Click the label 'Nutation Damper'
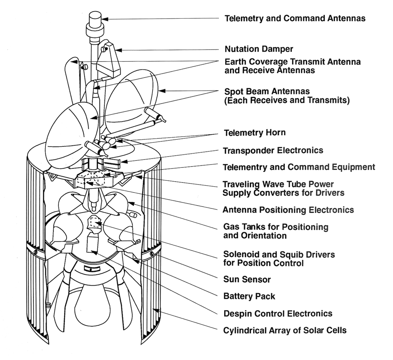point(259,49)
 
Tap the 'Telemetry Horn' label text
point(255,133)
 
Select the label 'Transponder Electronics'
point(273,150)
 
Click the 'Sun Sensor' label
point(247,279)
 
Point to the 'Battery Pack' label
point(249,296)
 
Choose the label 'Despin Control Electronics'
point(278,314)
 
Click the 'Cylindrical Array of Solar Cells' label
point(285,330)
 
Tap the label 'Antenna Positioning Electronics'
point(288,210)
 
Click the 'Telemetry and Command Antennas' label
point(295,18)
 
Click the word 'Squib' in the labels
point(295,255)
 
